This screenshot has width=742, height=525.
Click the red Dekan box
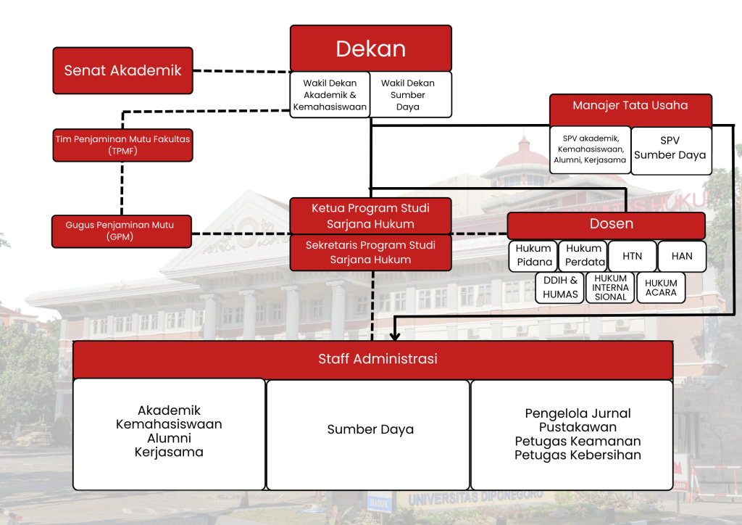pos(371,49)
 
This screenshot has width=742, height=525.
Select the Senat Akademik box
pos(122,70)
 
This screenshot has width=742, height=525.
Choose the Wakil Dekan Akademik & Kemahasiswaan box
pos(330,94)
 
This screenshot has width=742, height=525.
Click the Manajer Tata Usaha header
pos(630,106)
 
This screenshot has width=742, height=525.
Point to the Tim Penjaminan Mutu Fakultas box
pos(122,144)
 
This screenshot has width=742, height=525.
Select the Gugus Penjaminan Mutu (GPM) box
pos(122,231)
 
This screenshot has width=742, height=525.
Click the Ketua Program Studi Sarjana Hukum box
pos(370,215)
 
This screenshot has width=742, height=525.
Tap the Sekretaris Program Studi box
pos(370,252)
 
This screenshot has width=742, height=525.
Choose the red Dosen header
pos(606,225)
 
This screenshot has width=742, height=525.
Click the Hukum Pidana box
pos(533,255)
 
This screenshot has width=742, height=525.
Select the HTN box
pos(632,256)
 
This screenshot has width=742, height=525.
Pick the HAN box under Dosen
pos(681,256)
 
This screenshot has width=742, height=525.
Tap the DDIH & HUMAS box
pos(560,287)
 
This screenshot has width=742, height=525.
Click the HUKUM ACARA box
pos(661,287)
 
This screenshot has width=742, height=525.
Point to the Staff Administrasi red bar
pos(373,359)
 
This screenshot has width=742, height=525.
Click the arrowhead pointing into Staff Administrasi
pos(395,336)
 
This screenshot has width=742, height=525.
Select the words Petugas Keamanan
pos(578,441)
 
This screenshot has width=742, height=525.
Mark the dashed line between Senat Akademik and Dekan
pos(241,71)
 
